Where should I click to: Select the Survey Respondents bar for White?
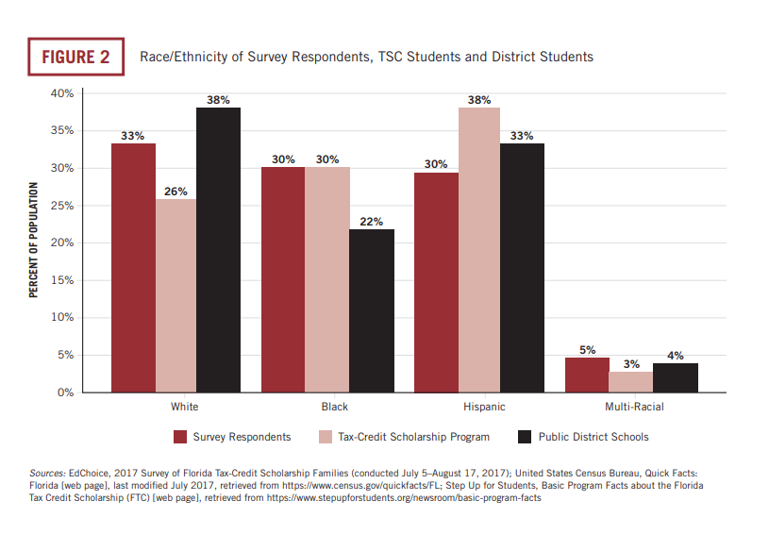(133, 268)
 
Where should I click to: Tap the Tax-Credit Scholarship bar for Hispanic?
(479, 250)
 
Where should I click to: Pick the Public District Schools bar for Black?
(372, 310)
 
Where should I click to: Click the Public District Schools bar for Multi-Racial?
(676, 377)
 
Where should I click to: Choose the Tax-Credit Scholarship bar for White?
(176, 295)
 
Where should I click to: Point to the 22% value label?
(372, 222)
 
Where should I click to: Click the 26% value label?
(176, 192)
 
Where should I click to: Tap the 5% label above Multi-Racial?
(587, 350)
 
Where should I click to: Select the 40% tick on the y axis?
(61, 94)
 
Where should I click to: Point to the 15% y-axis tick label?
(61, 280)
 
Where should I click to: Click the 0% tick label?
(64, 392)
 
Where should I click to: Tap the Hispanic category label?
(484, 408)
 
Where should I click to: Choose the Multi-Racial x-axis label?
(633, 408)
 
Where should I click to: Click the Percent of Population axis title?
(34, 242)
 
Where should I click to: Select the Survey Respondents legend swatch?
(180, 437)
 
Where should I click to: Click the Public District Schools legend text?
(593, 437)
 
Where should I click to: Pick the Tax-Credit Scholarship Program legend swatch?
(326, 437)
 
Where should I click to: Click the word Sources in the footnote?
(47, 472)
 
